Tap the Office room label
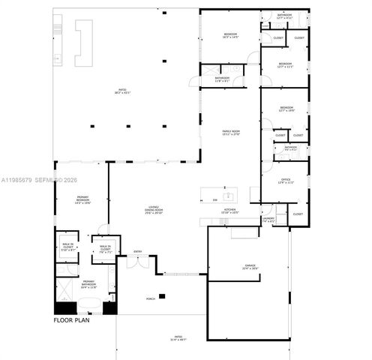tap(286, 181)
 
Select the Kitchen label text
tap(230, 211)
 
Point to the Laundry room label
tap(268, 220)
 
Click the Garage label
tap(250, 266)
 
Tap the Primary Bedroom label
tap(82, 200)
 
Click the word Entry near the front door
tap(138, 251)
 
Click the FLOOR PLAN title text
tap(73, 320)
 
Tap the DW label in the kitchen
tap(214, 199)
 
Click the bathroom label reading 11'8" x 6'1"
tap(222, 79)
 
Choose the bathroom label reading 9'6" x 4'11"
tap(290, 148)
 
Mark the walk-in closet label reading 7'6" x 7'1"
tap(105, 248)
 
